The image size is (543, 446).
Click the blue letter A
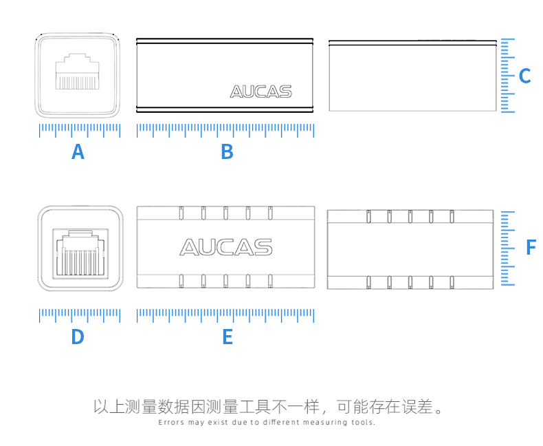(78, 151)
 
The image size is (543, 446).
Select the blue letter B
(227, 151)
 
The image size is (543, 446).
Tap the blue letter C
(524, 76)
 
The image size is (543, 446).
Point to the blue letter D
(78, 337)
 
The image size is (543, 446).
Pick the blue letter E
(228, 337)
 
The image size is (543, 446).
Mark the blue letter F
(530, 247)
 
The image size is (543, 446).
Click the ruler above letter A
(80, 129)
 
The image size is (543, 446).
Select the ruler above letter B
(225, 129)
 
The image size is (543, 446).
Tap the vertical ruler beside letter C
(507, 75)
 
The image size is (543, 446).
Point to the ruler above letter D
(80, 315)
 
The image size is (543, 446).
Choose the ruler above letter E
(225, 315)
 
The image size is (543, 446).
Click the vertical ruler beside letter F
(507, 248)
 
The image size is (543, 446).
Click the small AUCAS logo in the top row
(261, 92)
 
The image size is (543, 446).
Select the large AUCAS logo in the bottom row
(225, 247)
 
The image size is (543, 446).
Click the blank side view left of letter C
(412, 76)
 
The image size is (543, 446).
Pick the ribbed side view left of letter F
(410, 248)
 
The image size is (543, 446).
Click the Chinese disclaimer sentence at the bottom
(268, 407)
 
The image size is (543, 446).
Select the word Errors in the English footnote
(171, 423)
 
